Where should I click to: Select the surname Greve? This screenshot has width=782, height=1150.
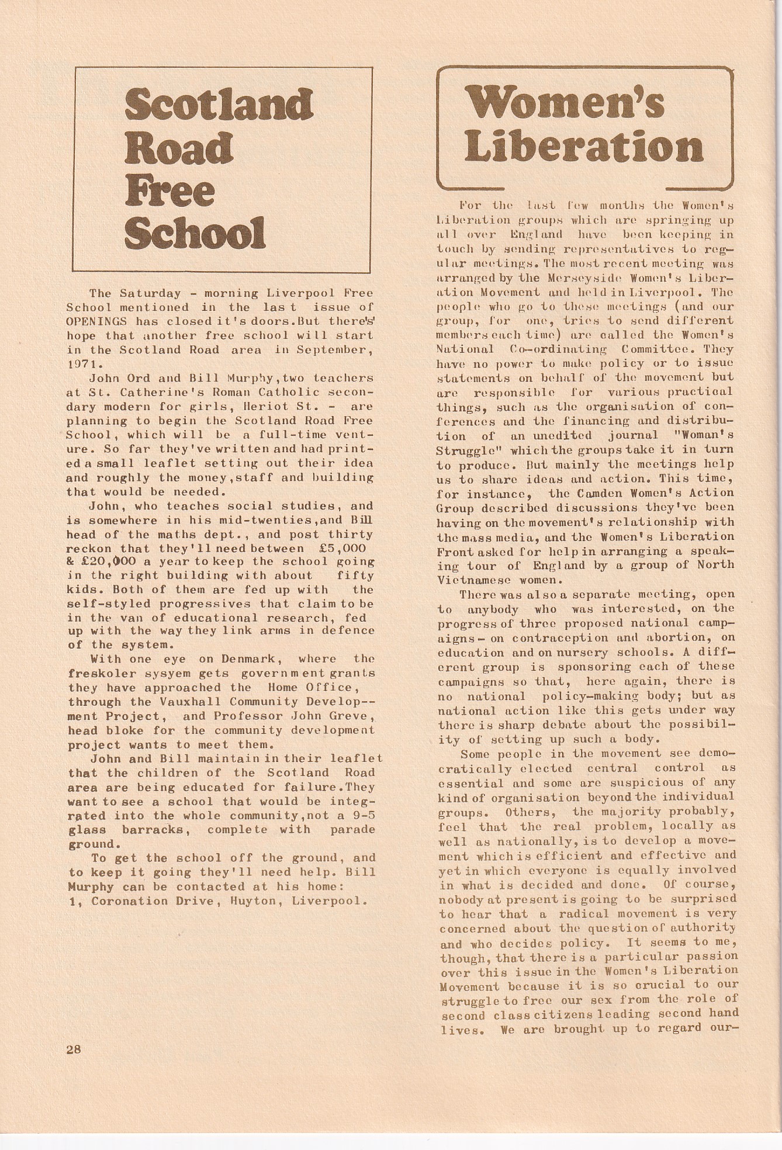(350, 716)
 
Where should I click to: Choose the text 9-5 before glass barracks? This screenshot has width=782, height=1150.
(363, 816)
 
